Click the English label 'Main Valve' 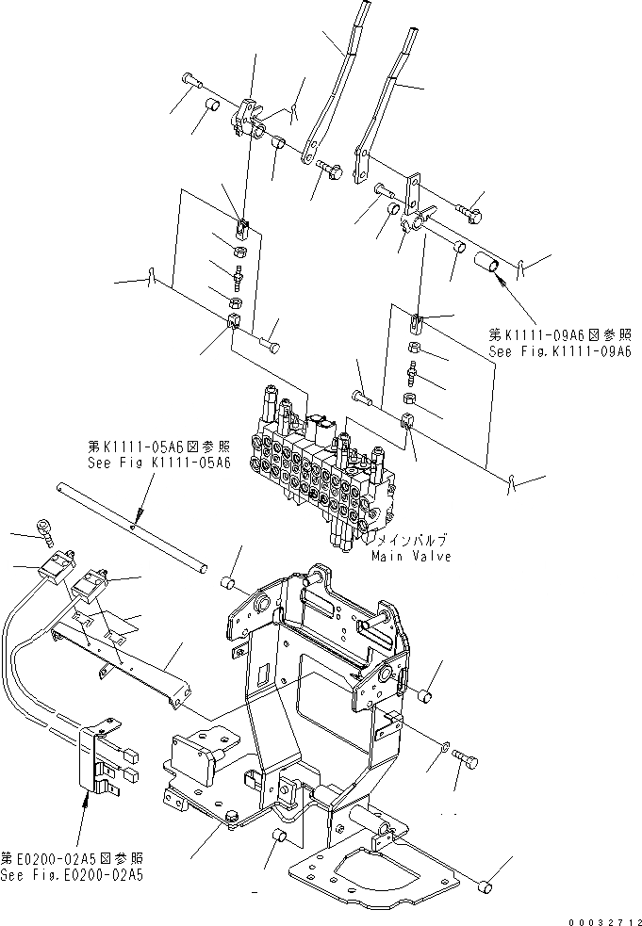tap(410, 556)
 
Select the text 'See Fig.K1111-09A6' tap(558, 351)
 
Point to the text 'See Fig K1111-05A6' tap(157, 463)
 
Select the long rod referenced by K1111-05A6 tap(132, 527)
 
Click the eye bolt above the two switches tap(45, 530)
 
